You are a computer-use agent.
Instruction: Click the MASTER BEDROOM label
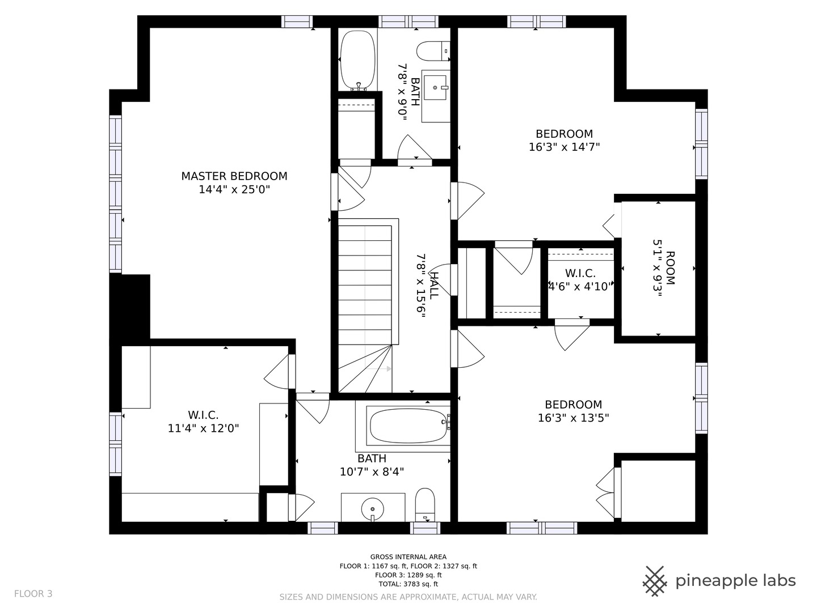[234, 176]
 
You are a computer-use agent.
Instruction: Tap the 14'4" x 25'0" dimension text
[234, 190]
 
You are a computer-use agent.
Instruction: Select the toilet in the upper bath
[433, 51]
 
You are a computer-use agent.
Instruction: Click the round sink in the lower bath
[373, 509]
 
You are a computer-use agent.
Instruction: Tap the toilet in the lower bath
[425, 504]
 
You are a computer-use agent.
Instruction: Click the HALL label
[433, 286]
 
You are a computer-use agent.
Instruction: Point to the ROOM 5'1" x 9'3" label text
[663, 268]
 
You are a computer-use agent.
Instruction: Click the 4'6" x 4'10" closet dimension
[580, 287]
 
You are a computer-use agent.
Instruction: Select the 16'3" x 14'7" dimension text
[565, 147]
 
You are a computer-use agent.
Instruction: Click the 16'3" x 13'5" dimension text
[573, 418]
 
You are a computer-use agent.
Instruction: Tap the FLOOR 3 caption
[33, 594]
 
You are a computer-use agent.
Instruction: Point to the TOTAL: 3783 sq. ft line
[408, 584]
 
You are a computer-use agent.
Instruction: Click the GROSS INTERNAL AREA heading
[408, 556]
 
